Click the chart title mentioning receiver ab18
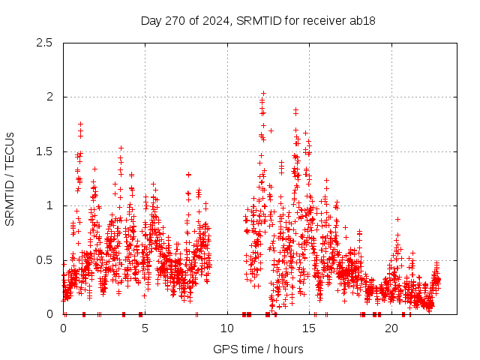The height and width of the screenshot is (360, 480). click(x=258, y=20)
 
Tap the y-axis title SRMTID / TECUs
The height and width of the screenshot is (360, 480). click(x=10, y=178)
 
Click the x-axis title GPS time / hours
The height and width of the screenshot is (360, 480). click(x=258, y=349)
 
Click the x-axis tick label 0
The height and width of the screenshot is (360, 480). click(x=63, y=328)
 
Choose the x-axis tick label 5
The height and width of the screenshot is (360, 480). click(x=145, y=328)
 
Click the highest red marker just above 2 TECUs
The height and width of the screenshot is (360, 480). click(x=263, y=94)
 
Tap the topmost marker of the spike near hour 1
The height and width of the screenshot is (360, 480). click(x=80, y=124)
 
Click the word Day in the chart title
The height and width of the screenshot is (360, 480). click(x=151, y=20)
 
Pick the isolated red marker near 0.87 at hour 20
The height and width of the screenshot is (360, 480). click(x=397, y=219)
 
